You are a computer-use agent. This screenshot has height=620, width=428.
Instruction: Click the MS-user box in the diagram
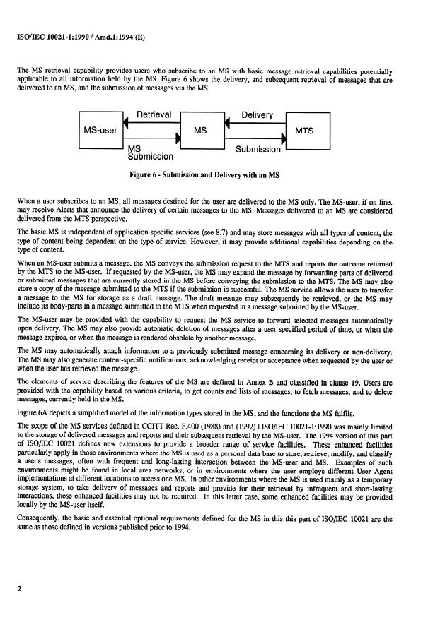[100, 131]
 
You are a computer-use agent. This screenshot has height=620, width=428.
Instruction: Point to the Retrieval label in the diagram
[154, 114]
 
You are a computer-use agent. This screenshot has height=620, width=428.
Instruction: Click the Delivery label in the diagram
[257, 114]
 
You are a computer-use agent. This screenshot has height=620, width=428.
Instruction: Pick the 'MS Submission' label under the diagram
[149, 153]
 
